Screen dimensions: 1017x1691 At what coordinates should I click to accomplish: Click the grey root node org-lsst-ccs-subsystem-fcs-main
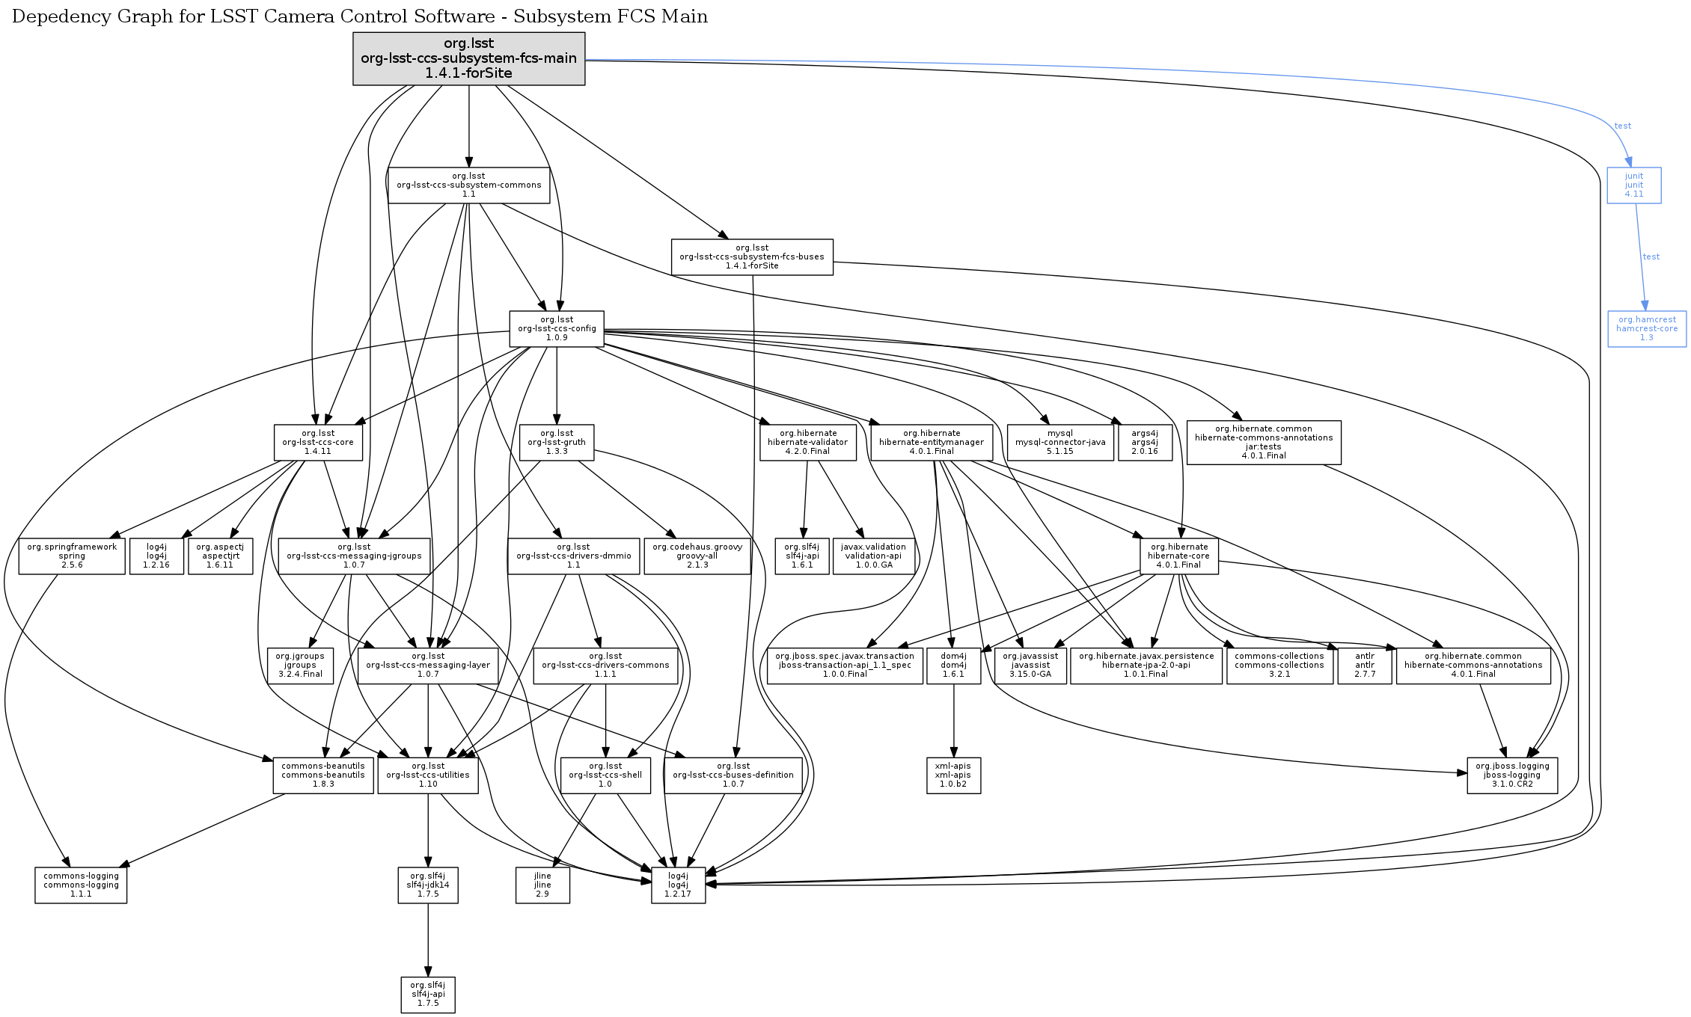coord(468,58)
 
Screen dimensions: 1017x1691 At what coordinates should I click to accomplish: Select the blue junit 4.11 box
coord(1633,185)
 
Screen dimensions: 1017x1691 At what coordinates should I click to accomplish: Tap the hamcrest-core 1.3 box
coord(1646,329)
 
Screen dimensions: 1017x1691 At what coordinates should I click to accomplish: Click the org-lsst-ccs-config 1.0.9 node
coord(557,329)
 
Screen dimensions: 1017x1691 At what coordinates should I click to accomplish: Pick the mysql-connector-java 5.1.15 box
coord(1059,443)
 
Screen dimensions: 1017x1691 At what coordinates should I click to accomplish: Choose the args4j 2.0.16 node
coord(1144,443)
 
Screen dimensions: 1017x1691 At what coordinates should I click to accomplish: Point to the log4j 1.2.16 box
coord(156,556)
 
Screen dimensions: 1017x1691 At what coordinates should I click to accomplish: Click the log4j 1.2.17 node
coord(678,885)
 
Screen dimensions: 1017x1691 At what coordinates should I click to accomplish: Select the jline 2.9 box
coord(542,885)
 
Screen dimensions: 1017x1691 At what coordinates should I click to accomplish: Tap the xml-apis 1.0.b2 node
coord(953,775)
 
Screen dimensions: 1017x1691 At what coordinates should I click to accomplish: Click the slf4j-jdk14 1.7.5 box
coord(428,885)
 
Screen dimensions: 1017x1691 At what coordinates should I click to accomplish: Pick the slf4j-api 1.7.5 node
coord(428,995)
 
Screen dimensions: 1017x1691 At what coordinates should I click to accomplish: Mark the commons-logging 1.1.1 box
coord(81,885)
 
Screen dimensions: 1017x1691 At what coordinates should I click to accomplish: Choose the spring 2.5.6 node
coord(72,556)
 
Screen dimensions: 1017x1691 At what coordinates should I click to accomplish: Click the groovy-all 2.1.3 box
coord(697,556)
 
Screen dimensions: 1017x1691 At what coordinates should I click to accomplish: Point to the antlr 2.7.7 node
coord(1365,666)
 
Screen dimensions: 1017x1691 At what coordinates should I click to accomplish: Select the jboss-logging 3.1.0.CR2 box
coord(1511,775)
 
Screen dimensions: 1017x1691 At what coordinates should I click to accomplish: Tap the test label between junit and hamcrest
coord(1651,256)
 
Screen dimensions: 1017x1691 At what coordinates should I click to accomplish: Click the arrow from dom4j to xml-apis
coord(953,722)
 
